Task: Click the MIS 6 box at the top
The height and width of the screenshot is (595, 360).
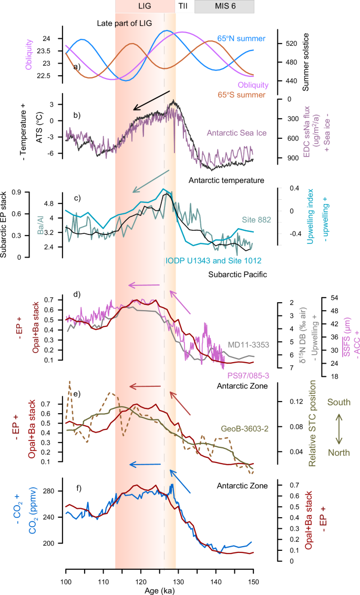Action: [x=224, y=7]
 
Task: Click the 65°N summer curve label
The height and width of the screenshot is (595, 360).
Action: [x=241, y=38]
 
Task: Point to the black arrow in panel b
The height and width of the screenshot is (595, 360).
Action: [x=152, y=100]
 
